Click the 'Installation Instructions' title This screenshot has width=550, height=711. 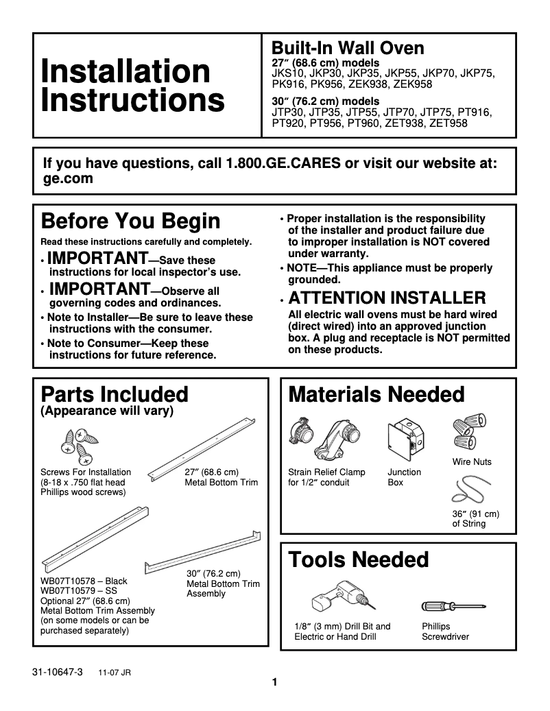(x=132, y=86)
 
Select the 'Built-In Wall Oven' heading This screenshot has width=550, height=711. (x=348, y=48)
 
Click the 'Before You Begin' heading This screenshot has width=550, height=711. (x=131, y=221)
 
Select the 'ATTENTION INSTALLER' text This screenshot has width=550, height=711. (x=387, y=298)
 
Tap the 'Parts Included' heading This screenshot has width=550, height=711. (x=115, y=394)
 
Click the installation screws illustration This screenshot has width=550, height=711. (x=80, y=442)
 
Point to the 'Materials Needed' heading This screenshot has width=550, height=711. (x=376, y=394)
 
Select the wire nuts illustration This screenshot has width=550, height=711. (x=470, y=430)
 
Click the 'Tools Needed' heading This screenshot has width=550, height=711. (x=359, y=559)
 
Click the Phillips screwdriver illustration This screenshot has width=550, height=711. (x=453, y=607)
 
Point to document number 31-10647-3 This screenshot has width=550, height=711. (x=57, y=673)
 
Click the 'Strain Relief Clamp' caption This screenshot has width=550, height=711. (x=326, y=472)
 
